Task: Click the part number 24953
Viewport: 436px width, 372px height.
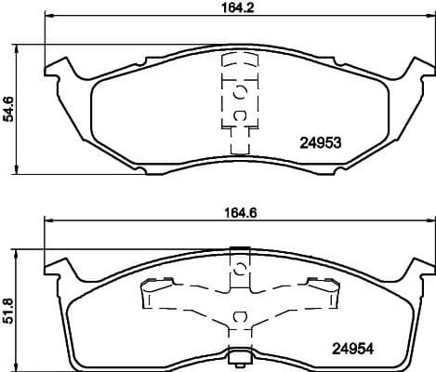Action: click(x=321, y=143)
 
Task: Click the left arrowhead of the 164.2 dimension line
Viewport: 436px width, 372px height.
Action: click(x=48, y=20)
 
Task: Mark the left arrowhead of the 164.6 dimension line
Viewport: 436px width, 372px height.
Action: click(x=48, y=221)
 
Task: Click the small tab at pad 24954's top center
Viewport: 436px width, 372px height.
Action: click(x=239, y=249)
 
